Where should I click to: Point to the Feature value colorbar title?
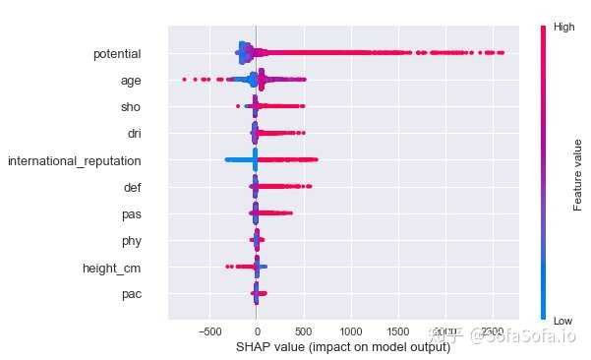pos(579,173)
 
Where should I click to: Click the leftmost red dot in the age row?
pos(184,79)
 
